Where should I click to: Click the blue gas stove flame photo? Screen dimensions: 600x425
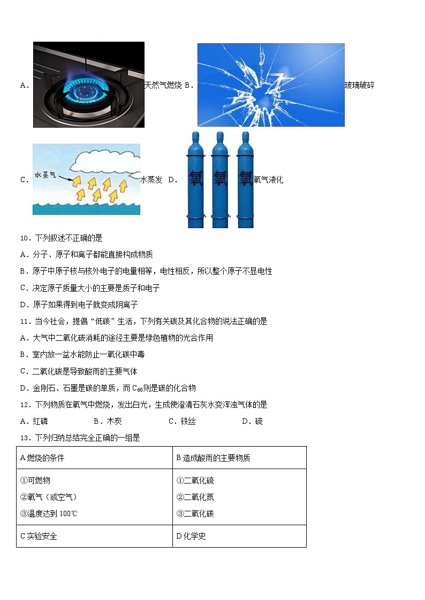(x=88, y=84)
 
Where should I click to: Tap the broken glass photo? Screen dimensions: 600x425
(x=270, y=84)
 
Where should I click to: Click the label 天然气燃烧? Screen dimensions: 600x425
(x=163, y=85)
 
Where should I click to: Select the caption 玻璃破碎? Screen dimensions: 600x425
(x=359, y=85)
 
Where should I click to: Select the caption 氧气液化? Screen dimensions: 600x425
(x=268, y=180)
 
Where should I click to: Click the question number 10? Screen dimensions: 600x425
(x=26, y=238)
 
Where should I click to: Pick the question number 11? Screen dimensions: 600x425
(x=26, y=321)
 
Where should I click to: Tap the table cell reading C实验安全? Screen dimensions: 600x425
(x=39, y=536)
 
